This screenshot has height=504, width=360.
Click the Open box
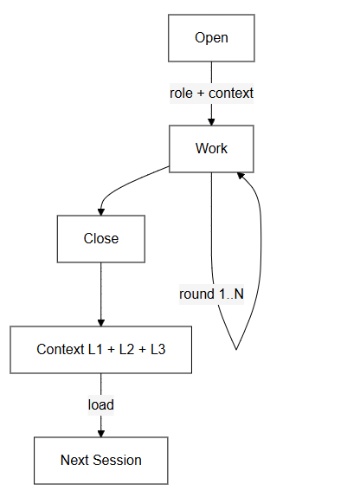coord(211,38)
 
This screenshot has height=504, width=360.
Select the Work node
coord(211,148)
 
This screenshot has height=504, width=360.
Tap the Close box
coord(101,238)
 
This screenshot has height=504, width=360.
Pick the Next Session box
coord(101,460)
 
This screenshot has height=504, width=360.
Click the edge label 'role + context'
coord(211,93)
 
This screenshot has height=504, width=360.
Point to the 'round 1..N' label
coord(211,294)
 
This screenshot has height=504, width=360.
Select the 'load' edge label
coord(101,404)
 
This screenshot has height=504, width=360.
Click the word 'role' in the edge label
coord(182,93)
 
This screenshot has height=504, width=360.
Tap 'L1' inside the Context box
coord(95,349)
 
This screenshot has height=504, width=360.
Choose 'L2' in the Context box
coord(127,349)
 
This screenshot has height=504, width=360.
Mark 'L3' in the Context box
coord(158,349)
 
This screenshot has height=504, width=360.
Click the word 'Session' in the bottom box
coord(119,460)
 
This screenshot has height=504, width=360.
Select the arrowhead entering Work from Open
coord(211,121)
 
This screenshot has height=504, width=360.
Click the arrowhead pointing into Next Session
coord(101,432)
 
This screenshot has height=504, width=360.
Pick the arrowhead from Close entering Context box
coord(101,321)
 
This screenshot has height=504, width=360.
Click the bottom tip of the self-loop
coord(235,349)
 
